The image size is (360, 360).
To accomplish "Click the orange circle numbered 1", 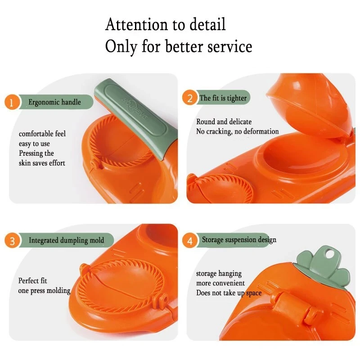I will [x=13, y=103].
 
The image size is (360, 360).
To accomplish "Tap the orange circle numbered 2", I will [x=189, y=98].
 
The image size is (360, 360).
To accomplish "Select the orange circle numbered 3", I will [x=13, y=241].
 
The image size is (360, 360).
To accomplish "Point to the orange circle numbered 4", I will [x=189, y=241].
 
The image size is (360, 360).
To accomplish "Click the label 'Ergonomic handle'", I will [x=54, y=102].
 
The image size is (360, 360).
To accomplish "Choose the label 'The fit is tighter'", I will [x=223, y=98].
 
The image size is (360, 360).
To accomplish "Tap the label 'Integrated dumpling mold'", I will [x=66, y=240].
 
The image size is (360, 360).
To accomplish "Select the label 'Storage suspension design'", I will [x=239, y=240].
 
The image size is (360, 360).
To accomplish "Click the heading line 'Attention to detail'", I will [x=165, y=24].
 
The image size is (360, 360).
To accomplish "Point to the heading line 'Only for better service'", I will [x=179, y=46].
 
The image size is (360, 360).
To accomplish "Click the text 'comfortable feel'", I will [x=42, y=134].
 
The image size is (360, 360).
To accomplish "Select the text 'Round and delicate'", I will [x=224, y=121].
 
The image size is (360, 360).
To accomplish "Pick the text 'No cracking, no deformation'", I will [x=237, y=131].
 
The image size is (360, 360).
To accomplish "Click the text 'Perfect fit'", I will [x=32, y=281].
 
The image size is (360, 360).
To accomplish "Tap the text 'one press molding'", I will [x=44, y=291].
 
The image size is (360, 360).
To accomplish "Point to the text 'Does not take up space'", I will [x=229, y=293].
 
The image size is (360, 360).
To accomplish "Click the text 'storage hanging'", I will [x=219, y=274].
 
